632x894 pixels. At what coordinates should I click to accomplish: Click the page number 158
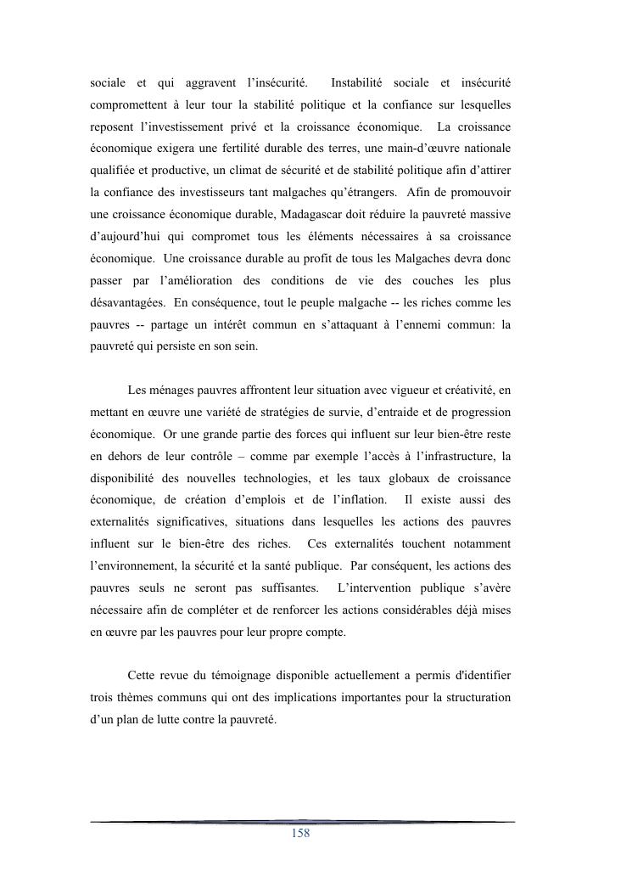pyautogui.click(x=300, y=833)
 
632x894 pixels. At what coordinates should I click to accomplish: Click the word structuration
pyautogui.click(x=473, y=697)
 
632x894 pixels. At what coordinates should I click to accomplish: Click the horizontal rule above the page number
pyautogui.click(x=301, y=821)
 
